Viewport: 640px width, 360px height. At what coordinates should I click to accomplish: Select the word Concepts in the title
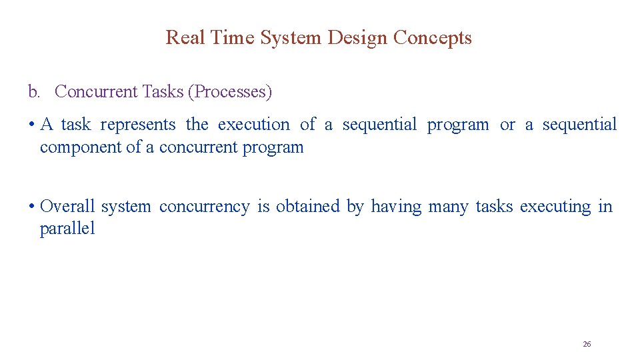[432, 37]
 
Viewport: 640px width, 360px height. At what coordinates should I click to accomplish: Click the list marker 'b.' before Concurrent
[34, 91]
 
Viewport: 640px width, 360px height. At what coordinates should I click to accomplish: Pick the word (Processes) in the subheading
[230, 91]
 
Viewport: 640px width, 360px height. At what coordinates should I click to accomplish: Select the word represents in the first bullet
[138, 125]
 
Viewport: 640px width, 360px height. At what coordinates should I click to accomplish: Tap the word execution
[254, 125]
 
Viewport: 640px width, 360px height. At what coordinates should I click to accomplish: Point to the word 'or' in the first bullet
[507, 125]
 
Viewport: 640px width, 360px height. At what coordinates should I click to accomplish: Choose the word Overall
[67, 207]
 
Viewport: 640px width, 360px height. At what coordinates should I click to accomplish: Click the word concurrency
[204, 207]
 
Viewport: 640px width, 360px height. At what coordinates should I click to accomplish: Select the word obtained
[307, 207]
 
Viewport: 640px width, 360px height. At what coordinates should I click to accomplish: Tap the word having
[396, 207]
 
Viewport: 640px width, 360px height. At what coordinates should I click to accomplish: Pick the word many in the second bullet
[448, 207]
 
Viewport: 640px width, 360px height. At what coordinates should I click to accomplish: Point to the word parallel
[67, 229]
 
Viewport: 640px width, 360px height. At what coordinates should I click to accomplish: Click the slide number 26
[587, 344]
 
